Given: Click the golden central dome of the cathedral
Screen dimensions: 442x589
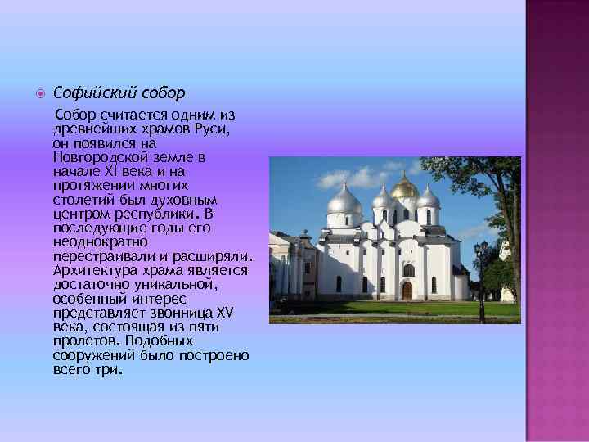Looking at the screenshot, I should click(404, 188).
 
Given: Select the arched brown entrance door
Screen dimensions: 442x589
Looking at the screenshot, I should click(407, 290).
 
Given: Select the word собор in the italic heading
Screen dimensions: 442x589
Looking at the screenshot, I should click(160, 92).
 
